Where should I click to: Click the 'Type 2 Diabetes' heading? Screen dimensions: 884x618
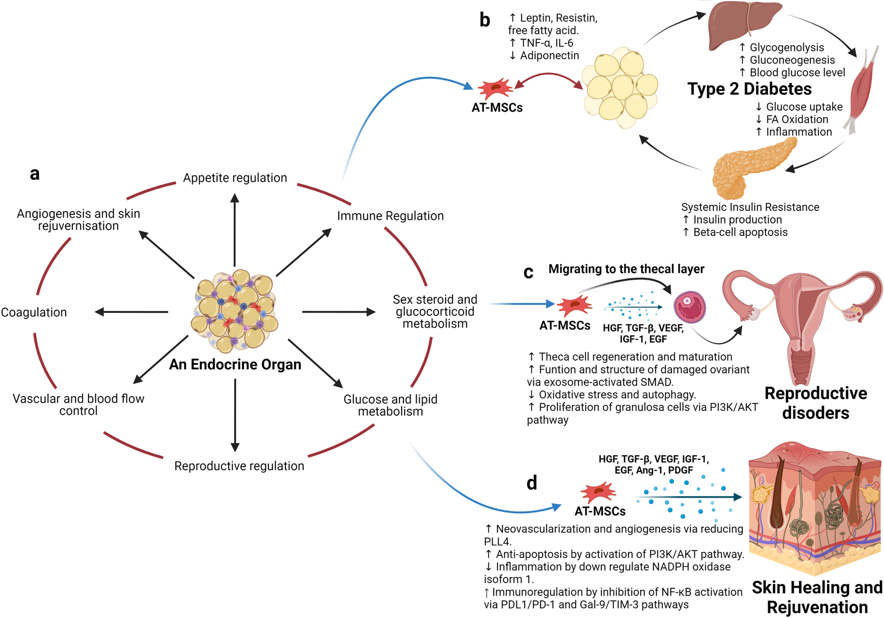click(x=749, y=89)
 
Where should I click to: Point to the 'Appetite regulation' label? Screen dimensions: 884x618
click(x=235, y=178)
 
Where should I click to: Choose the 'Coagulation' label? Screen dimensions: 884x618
click(x=34, y=312)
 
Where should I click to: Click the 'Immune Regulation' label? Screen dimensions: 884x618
click(x=390, y=216)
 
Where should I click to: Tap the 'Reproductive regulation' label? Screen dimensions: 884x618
click(x=239, y=466)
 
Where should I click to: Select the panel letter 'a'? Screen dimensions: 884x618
click(x=34, y=174)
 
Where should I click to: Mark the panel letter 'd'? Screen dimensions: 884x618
click(x=532, y=483)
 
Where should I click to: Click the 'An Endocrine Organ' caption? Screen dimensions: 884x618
click(x=235, y=364)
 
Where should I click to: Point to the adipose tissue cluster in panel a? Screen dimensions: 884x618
click(x=235, y=311)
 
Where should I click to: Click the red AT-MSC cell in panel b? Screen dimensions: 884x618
click(x=496, y=89)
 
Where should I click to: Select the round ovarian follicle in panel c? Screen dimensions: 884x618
click(x=690, y=307)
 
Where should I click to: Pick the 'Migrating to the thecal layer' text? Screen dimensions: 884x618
click(x=626, y=269)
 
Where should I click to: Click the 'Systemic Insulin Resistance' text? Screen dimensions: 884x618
click(x=750, y=207)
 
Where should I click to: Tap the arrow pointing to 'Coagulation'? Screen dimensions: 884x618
click(x=131, y=312)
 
